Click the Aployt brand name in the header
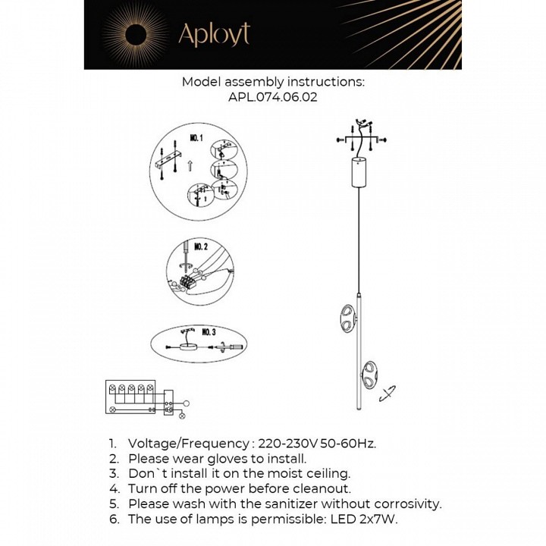(x=213, y=33)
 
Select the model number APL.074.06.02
(x=273, y=97)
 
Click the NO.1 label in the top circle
(x=196, y=139)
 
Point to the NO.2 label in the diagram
(x=200, y=246)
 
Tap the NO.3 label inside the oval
(x=209, y=332)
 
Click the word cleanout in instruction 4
(x=322, y=488)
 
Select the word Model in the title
(x=201, y=82)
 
